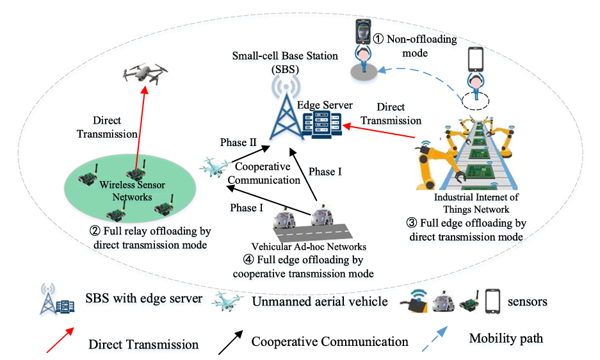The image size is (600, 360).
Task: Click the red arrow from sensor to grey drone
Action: click(140, 128)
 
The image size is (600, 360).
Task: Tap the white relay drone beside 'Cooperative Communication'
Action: click(213, 167)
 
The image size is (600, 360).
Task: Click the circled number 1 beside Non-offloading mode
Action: click(378, 39)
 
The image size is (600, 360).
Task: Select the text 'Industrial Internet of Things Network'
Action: click(476, 203)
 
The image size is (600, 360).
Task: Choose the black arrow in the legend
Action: click(232, 340)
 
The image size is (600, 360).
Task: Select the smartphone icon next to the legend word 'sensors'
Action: click(492, 300)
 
